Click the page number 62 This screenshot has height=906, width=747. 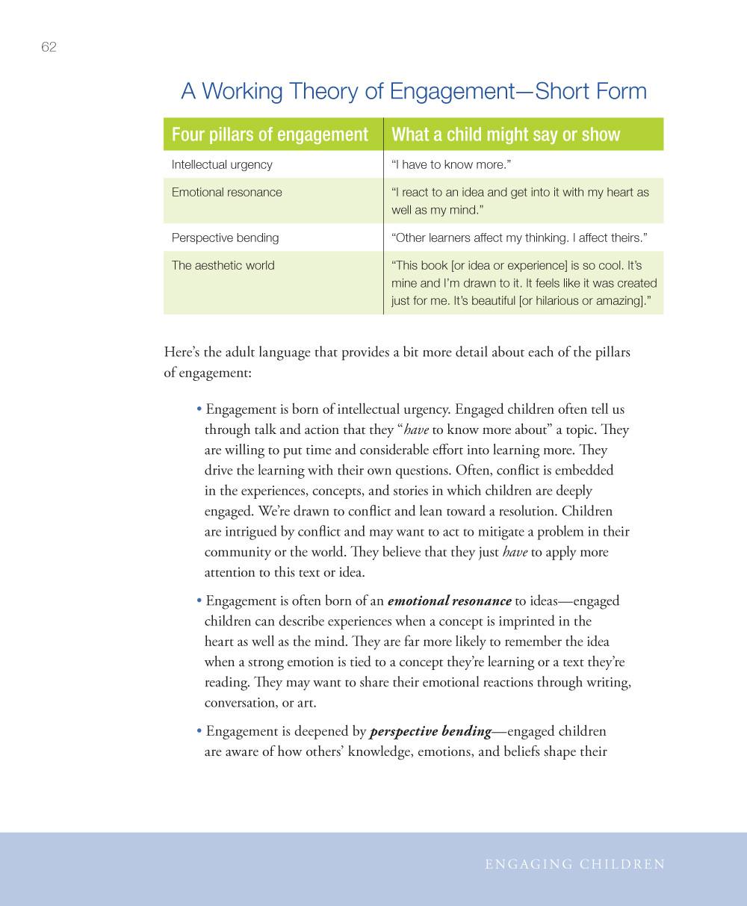pyautogui.click(x=49, y=47)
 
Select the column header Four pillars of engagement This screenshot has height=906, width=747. pyautogui.click(x=270, y=134)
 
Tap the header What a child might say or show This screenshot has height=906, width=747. pyautogui.click(x=506, y=134)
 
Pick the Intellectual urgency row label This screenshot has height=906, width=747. pyautogui.click(x=222, y=164)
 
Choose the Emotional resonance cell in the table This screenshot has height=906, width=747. pyautogui.click(x=226, y=192)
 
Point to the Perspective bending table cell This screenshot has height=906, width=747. pyautogui.click(x=225, y=238)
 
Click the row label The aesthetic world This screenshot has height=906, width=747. pyautogui.click(x=223, y=265)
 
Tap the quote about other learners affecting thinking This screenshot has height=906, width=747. pyautogui.click(x=519, y=238)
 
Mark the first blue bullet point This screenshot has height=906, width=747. pyautogui.click(x=199, y=410)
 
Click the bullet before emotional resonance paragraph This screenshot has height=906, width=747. pyautogui.click(x=199, y=601)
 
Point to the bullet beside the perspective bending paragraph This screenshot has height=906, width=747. pyautogui.click(x=199, y=732)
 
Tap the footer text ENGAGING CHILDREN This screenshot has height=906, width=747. pyautogui.click(x=574, y=864)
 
